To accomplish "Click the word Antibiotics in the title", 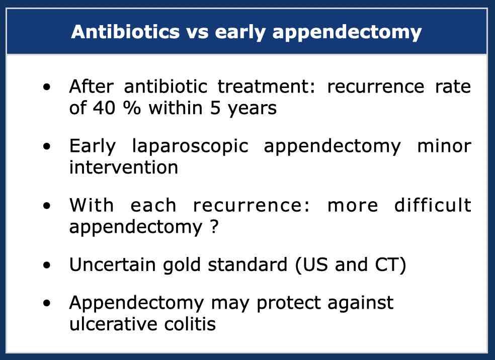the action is tap(126, 32).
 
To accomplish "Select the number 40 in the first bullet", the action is tap(104, 108).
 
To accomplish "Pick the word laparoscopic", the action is tap(190, 147).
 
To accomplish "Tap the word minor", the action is tap(444, 146).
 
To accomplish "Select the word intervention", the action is tap(124, 167).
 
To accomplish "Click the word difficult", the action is tap(433, 205).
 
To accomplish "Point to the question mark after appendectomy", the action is tap(214, 227).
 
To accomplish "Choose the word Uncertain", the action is tap(112, 264).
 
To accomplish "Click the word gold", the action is tap(182, 265).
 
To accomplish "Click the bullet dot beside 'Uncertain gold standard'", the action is tap(47, 265).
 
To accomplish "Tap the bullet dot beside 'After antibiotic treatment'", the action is tap(47, 87).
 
